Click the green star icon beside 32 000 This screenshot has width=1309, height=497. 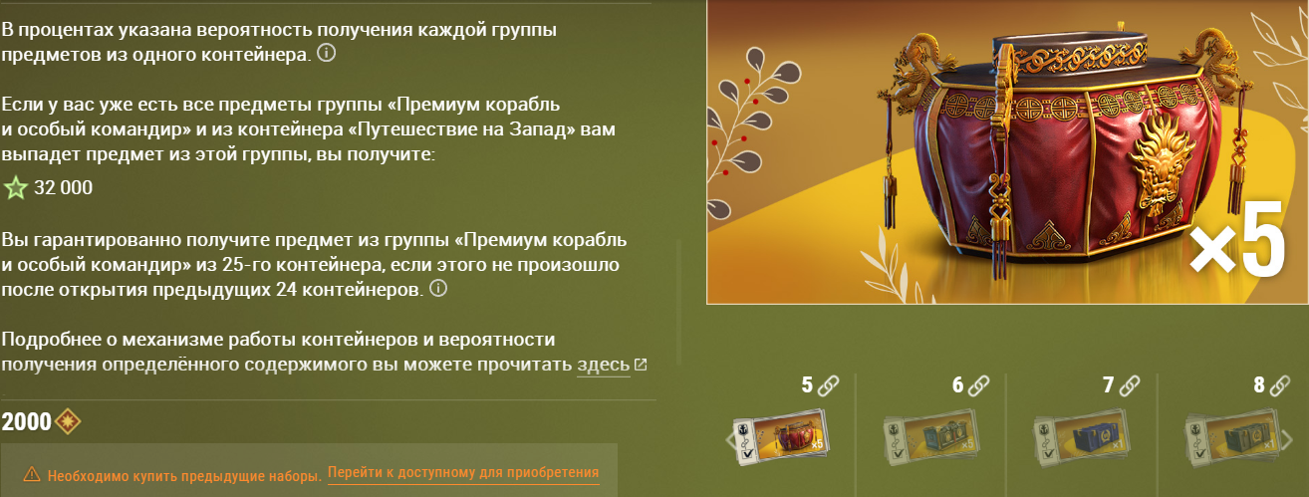[x=15, y=188]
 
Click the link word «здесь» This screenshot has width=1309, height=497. [x=603, y=365]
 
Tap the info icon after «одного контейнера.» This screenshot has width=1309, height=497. [x=326, y=53]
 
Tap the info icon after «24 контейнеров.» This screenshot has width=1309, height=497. [x=438, y=288]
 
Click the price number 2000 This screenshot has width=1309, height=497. [x=26, y=421]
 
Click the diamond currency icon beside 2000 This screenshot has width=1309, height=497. [x=68, y=421]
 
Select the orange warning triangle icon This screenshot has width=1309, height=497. [x=32, y=474]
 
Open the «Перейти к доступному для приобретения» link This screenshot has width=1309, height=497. [x=463, y=472]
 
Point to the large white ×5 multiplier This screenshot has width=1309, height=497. [x=1237, y=238]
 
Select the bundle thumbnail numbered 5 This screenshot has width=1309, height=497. [x=781, y=438]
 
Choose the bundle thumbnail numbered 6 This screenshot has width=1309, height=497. [x=931, y=438]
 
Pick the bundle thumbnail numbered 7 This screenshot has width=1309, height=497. [x=1082, y=438]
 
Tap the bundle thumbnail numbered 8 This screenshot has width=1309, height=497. [x=1232, y=438]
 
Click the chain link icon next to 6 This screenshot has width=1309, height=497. [x=978, y=385]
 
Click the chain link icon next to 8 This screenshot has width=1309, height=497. [x=1279, y=385]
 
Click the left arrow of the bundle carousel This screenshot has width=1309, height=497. [x=729, y=439]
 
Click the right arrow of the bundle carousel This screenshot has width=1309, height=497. [x=1286, y=439]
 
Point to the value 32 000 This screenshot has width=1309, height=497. [x=63, y=187]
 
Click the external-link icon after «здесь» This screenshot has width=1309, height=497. [x=641, y=365]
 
